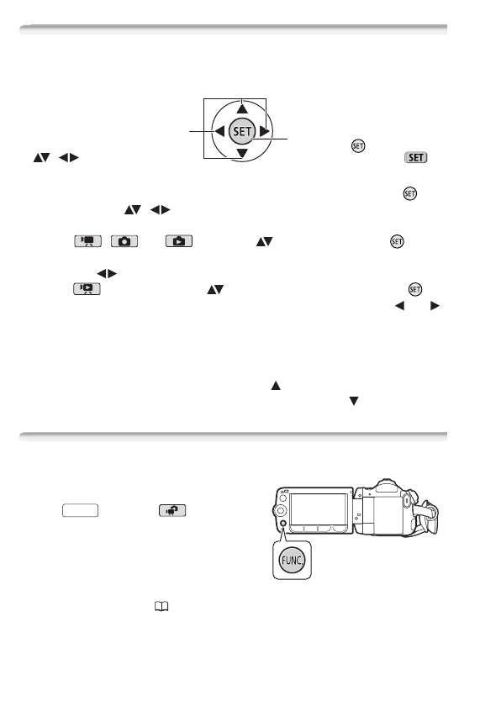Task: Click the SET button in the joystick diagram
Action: point(241,131)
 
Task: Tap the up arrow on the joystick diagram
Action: point(242,108)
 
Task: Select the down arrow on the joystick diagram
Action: point(242,154)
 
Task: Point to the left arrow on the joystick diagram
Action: point(219,131)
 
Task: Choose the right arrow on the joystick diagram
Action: point(264,131)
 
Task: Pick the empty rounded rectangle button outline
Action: point(81,509)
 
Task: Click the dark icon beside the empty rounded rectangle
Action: point(170,509)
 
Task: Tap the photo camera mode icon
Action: point(124,242)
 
